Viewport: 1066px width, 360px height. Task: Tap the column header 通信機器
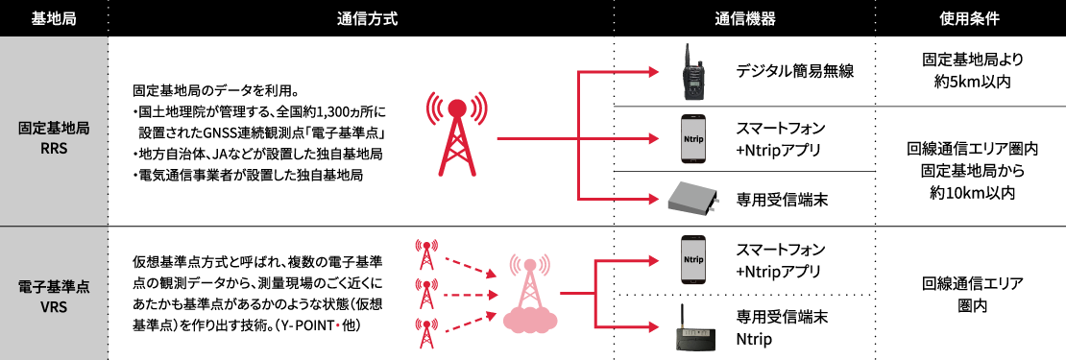pos(744,18)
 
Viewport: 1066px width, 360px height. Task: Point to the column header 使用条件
pos(970,18)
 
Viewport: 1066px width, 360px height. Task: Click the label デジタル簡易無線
pos(794,71)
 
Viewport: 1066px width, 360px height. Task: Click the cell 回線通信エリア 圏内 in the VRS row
pos(970,294)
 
